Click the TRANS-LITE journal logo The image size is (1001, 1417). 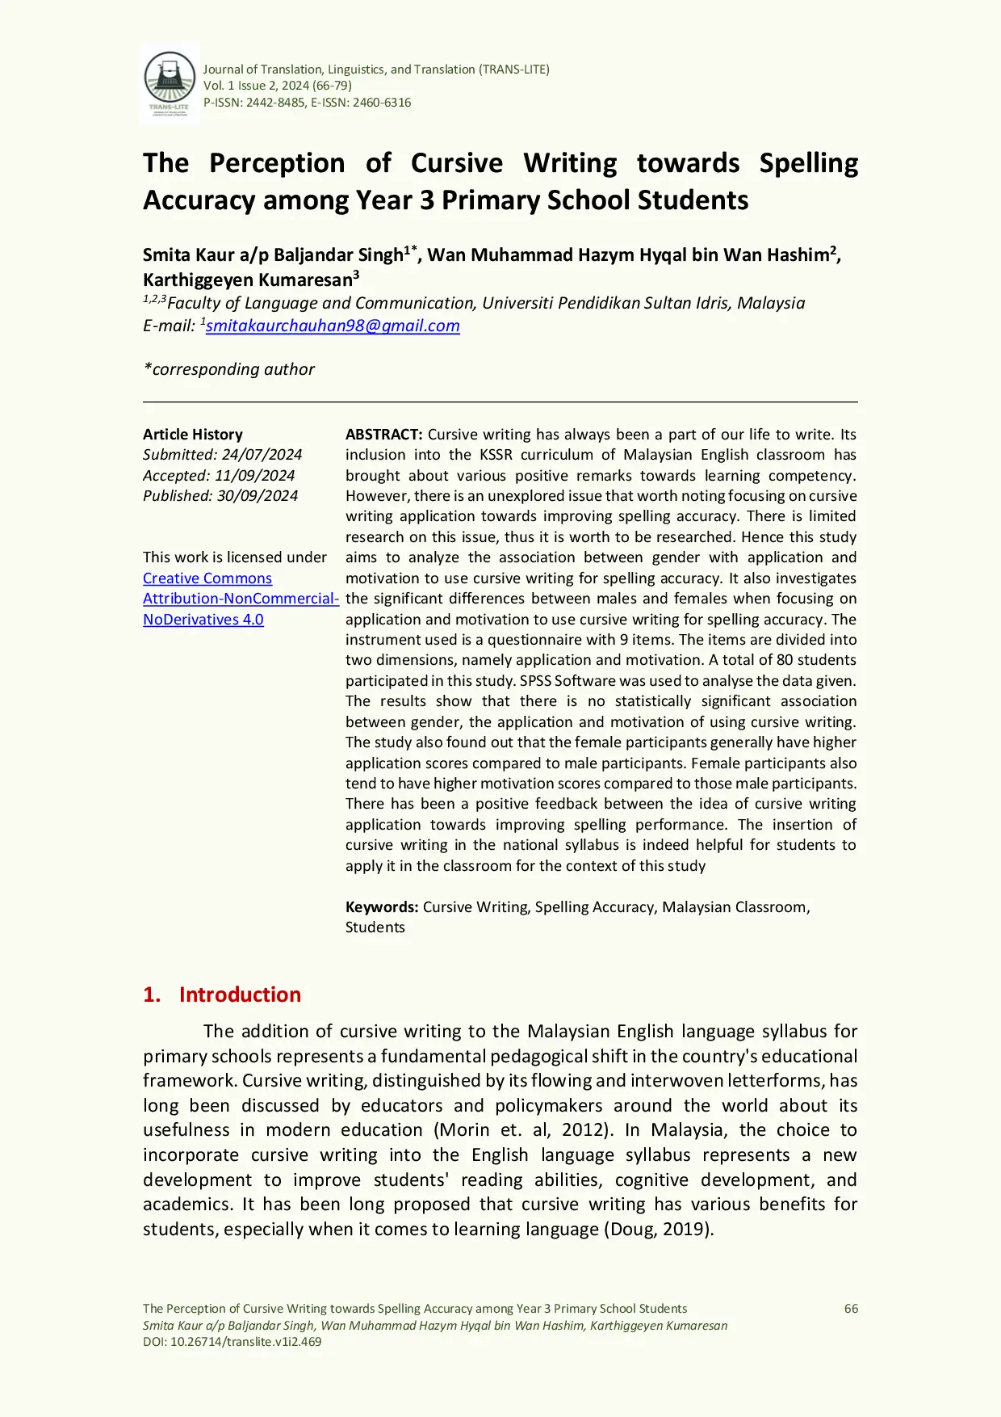click(x=169, y=84)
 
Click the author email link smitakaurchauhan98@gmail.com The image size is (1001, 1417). click(x=333, y=326)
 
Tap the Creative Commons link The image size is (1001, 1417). click(x=207, y=578)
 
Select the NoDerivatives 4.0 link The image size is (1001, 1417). click(x=203, y=620)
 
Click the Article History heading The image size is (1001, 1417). click(x=192, y=435)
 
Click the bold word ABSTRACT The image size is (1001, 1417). click(x=383, y=435)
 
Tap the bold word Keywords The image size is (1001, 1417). click(x=381, y=907)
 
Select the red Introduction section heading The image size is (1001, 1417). click(x=239, y=994)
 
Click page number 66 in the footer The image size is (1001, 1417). click(x=851, y=1309)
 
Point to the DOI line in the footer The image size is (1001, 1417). click(x=232, y=1342)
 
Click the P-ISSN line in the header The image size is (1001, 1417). click(x=307, y=103)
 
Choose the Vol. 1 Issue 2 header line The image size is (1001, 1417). click(x=277, y=86)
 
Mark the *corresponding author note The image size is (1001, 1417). click(x=228, y=369)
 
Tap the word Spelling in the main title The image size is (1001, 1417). click(x=808, y=163)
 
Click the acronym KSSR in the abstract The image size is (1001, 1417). click(x=496, y=455)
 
